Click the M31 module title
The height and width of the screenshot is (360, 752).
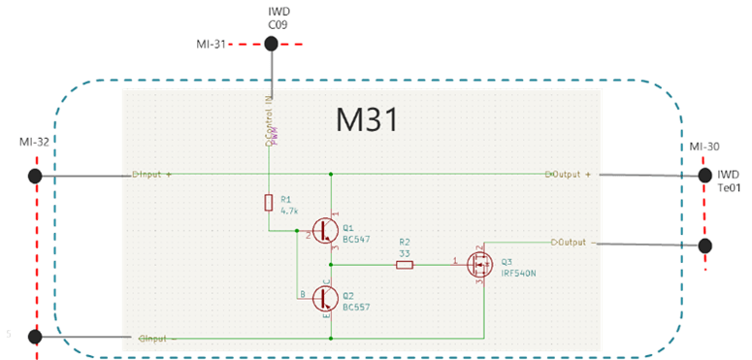click(368, 119)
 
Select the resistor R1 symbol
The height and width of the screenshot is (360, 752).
click(270, 202)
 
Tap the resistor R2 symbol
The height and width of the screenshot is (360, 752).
click(405, 263)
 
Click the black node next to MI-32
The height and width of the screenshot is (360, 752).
click(36, 176)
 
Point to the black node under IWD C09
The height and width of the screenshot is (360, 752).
click(272, 44)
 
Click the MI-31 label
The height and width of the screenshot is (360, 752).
click(212, 44)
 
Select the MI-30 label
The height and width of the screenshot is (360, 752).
click(704, 147)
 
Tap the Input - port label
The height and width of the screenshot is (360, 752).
click(156, 339)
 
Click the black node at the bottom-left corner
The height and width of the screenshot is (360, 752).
click(36, 337)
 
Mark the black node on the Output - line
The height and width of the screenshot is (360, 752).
click(704, 245)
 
